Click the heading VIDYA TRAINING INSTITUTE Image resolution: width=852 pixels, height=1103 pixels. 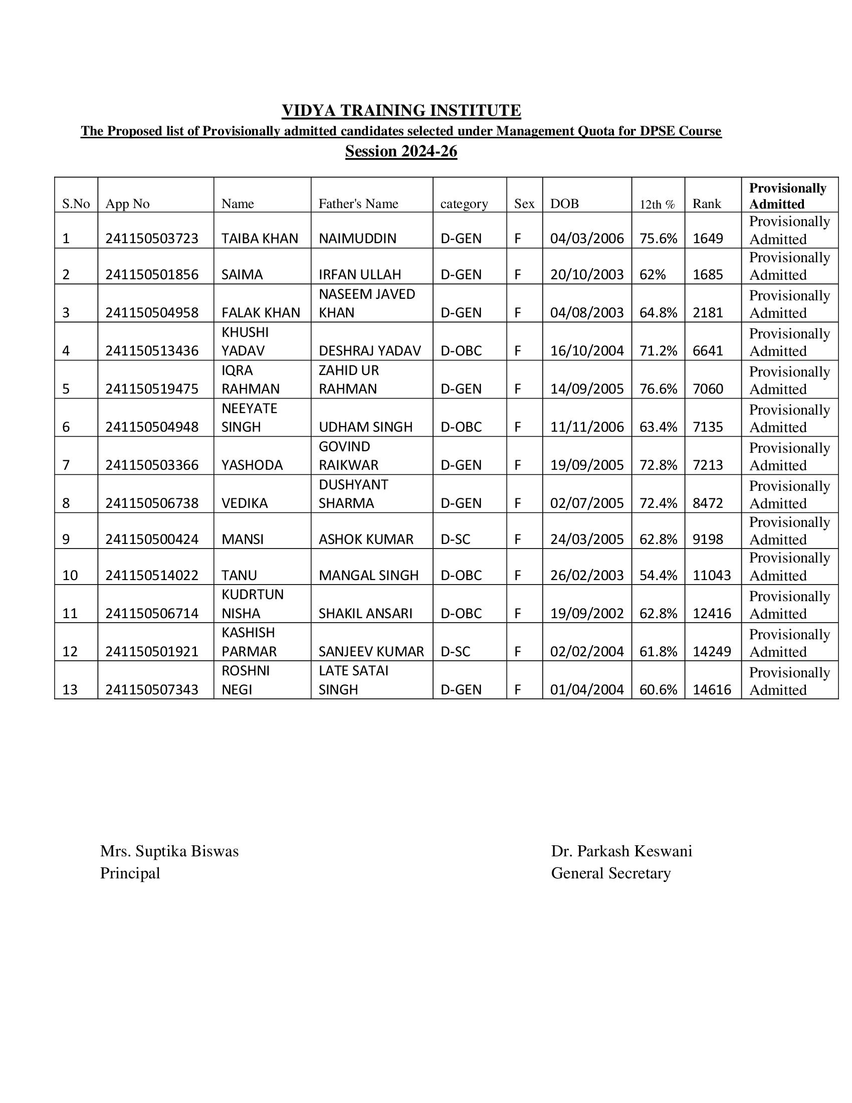[x=401, y=110]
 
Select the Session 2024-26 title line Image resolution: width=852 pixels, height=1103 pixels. [x=401, y=151]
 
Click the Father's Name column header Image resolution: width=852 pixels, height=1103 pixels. [x=358, y=204]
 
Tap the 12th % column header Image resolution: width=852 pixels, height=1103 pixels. [x=657, y=205]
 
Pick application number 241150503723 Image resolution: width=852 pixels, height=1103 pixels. [x=151, y=238]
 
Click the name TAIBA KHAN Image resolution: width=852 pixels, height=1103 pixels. [x=260, y=238]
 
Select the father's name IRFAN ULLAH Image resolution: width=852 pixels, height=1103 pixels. [x=359, y=274]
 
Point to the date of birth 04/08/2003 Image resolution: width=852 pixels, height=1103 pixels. [x=586, y=313]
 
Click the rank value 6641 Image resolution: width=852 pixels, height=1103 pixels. [x=708, y=350]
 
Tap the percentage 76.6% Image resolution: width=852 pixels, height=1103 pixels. [x=658, y=389]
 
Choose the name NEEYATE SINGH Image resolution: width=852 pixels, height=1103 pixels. [x=250, y=417]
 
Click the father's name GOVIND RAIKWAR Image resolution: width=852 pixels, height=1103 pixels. [x=348, y=456]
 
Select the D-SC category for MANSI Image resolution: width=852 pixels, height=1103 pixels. [x=455, y=539]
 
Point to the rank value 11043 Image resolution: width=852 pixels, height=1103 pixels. [x=711, y=575]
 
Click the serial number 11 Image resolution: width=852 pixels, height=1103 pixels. [x=70, y=613]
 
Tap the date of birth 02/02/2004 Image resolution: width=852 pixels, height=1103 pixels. [x=586, y=651]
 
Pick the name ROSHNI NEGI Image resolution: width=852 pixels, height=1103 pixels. [x=245, y=680]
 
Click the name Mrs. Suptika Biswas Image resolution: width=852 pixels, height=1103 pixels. [x=169, y=851]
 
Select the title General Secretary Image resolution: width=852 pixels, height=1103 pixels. [x=610, y=873]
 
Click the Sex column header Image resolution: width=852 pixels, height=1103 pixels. [x=524, y=204]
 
